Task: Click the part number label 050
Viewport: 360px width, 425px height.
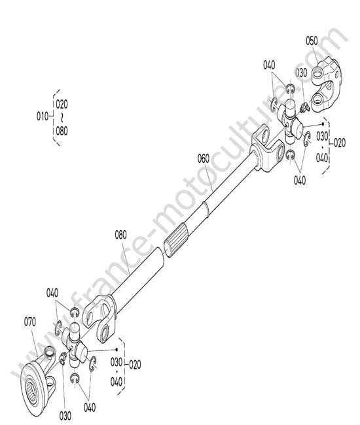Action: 312,41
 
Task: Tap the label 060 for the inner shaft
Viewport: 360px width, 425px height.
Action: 204,159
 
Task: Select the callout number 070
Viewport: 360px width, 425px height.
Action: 30,322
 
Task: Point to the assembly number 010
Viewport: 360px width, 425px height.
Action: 43,116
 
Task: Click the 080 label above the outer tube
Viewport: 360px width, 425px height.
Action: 120,235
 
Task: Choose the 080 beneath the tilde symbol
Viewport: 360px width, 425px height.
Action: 62,131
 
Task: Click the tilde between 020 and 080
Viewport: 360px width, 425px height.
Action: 62,118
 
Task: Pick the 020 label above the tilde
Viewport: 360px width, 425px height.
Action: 62,104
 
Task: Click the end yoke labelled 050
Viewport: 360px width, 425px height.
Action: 325,84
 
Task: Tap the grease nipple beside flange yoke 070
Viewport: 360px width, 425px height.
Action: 63,358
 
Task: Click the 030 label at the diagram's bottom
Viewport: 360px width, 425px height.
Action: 65,416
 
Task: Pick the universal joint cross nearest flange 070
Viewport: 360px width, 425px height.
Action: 75,345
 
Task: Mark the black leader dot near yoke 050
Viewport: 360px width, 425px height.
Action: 323,124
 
